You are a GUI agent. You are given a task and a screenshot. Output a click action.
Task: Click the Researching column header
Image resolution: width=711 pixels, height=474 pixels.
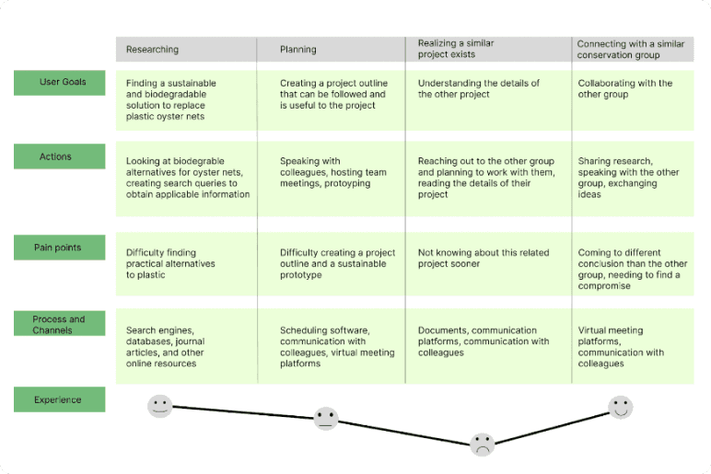(153, 50)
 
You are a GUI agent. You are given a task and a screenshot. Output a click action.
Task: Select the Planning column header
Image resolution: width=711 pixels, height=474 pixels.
(298, 50)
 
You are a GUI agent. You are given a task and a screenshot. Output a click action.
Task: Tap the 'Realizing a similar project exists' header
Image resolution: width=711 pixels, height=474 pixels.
(456, 49)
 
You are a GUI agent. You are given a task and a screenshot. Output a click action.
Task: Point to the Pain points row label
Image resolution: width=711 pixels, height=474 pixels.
(59, 248)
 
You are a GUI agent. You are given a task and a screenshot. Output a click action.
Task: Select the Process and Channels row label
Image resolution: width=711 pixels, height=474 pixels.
(59, 325)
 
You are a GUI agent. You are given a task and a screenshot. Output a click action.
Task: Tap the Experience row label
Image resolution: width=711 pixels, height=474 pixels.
(59, 399)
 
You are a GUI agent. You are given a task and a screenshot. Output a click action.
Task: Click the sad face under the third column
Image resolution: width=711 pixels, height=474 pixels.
(482, 445)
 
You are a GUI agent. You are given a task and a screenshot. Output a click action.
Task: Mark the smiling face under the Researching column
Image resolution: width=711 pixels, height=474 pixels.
(160, 406)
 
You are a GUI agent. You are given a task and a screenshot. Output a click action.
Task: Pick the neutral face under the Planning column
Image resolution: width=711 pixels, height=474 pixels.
(326, 419)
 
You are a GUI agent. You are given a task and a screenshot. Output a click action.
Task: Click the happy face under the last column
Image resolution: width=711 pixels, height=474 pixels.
(621, 407)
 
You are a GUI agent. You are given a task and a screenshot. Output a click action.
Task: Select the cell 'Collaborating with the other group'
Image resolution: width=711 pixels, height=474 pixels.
(625, 88)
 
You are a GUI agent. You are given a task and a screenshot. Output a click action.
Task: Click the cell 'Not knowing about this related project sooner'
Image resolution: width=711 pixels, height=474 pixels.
(484, 259)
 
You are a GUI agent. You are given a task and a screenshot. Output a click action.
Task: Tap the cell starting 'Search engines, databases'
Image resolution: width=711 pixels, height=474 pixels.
(166, 347)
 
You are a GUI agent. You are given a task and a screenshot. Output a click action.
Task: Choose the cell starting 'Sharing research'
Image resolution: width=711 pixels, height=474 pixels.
(629, 178)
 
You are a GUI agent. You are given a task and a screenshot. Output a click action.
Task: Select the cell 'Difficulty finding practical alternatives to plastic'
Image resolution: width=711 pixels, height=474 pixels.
(170, 263)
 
